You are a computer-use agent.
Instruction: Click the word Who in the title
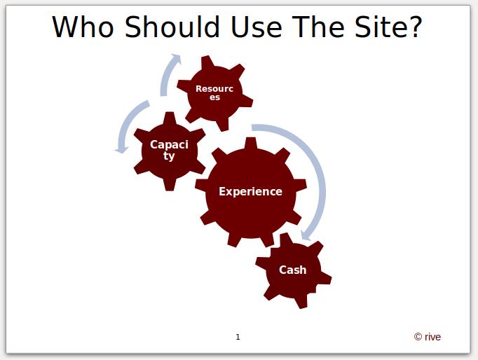pyautogui.click(x=83, y=27)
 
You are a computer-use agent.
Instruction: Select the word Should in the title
pyautogui.click(x=172, y=27)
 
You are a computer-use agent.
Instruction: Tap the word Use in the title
pyautogui.click(x=257, y=27)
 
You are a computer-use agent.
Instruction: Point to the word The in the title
pyautogui.click(x=318, y=27)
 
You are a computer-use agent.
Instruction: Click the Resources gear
pyautogui.click(x=215, y=93)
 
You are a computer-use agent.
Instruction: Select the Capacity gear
pyautogui.click(x=170, y=151)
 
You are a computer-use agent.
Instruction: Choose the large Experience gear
pyautogui.click(x=251, y=192)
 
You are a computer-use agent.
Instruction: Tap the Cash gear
pyautogui.click(x=293, y=270)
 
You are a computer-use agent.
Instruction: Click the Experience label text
pyautogui.click(x=251, y=192)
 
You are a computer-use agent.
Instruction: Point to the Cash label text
pyautogui.click(x=293, y=270)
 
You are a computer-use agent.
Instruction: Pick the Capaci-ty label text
pyautogui.click(x=169, y=150)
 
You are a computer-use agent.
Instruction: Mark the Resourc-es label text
pyautogui.click(x=214, y=93)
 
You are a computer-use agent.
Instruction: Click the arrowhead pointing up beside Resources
pyautogui.click(x=177, y=59)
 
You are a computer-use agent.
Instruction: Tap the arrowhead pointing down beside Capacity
pyautogui.click(x=122, y=150)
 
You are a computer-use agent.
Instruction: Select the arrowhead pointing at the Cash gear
pyautogui.click(x=306, y=235)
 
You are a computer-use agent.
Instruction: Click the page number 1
pyautogui.click(x=238, y=337)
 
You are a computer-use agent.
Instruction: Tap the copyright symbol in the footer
pyautogui.click(x=418, y=337)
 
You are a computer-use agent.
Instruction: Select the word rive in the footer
pyautogui.click(x=432, y=337)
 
